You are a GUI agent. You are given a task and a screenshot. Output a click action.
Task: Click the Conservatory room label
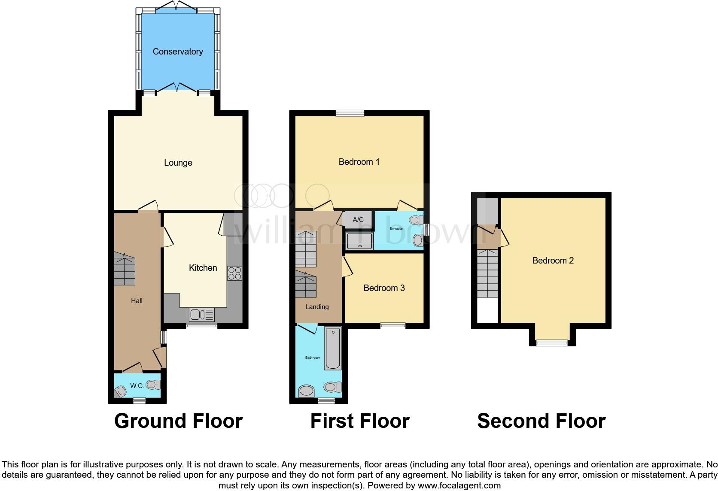pyautogui.click(x=178, y=52)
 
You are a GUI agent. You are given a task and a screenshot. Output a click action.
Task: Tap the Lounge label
pyautogui.click(x=178, y=163)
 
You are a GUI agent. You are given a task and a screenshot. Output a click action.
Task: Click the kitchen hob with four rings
pyautogui.click(x=234, y=273)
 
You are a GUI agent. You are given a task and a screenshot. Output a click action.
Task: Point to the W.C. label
pyautogui.click(x=137, y=386)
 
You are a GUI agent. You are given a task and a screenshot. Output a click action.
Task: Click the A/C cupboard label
pyautogui.click(x=358, y=220)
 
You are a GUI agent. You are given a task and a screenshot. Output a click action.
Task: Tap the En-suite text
pyautogui.click(x=396, y=228)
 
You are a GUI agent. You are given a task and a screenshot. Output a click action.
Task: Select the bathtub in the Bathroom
pyautogui.click(x=333, y=349)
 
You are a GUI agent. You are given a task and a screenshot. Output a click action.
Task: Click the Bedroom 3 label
pyautogui.click(x=384, y=288)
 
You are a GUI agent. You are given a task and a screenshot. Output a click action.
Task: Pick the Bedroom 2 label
pyautogui.click(x=553, y=261)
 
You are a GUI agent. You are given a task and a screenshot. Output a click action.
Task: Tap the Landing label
pyautogui.click(x=317, y=307)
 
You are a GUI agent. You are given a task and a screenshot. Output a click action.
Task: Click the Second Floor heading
pyautogui.click(x=541, y=421)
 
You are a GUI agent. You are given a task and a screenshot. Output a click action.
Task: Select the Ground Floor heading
pyautogui.click(x=178, y=421)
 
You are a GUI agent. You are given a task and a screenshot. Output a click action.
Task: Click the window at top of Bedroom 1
pyautogui.click(x=350, y=113)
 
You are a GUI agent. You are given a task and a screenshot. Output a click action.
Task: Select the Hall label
pyautogui.click(x=137, y=301)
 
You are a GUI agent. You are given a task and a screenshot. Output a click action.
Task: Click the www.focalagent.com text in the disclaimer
pyautogui.click(x=459, y=486)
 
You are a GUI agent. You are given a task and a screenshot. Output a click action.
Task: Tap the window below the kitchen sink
pyautogui.click(x=201, y=326)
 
